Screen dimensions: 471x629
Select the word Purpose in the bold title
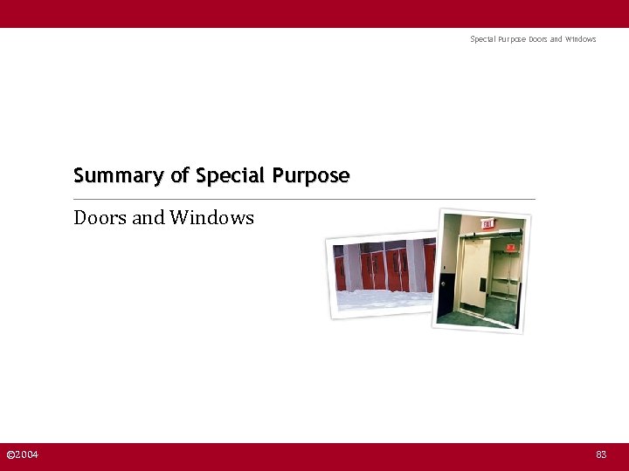tap(311, 176)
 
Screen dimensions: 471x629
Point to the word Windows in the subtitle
tap(211, 218)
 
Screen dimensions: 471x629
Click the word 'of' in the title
tap(180, 176)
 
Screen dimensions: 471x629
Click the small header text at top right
tap(533, 39)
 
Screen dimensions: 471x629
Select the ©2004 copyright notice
tap(22, 455)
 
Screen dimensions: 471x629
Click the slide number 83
tap(601, 455)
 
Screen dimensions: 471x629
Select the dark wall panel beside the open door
tap(446, 291)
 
